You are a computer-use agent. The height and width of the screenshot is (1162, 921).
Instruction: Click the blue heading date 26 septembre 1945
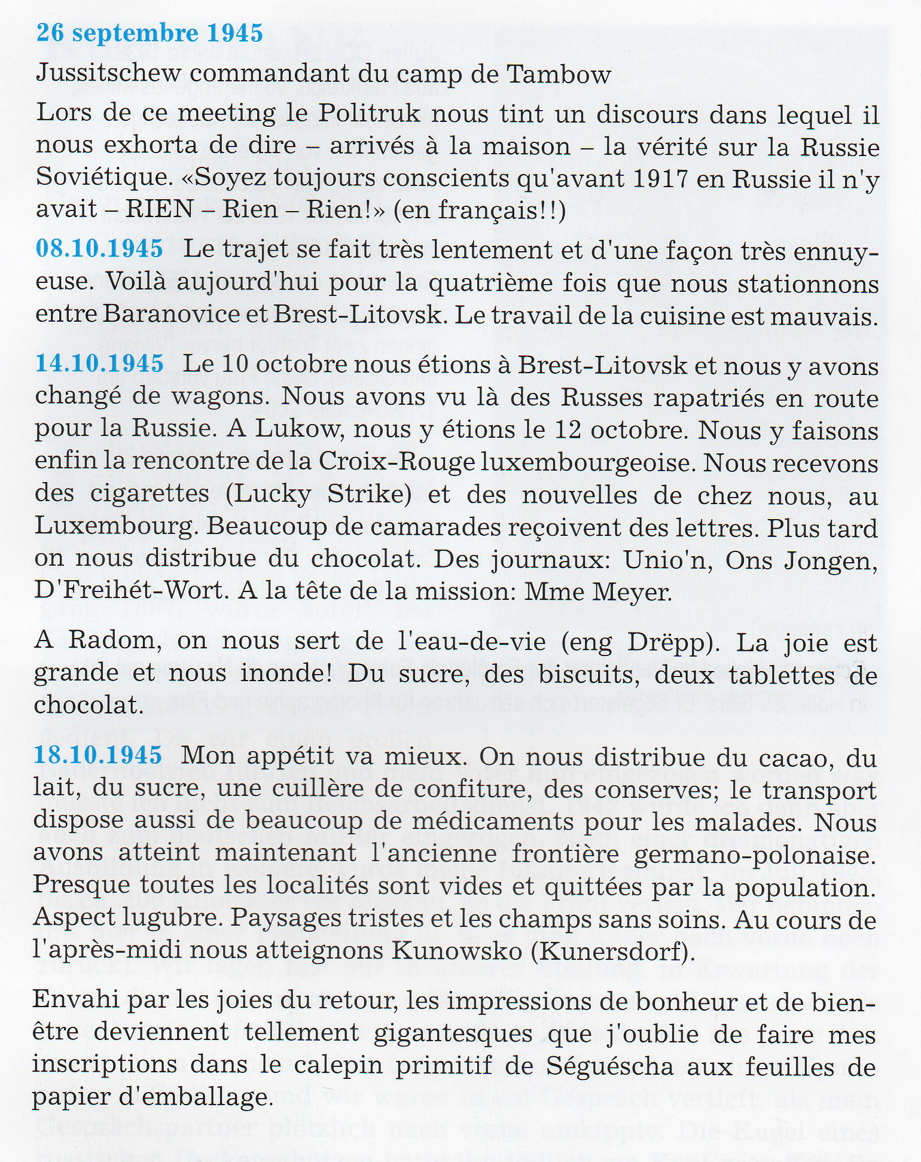pyautogui.click(x=150, y=33)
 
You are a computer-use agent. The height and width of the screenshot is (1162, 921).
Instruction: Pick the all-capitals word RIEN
pyautogui.click(x=159, y=209)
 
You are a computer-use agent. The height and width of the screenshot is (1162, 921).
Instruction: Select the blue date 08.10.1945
pyautogui.click(x=99, y=248)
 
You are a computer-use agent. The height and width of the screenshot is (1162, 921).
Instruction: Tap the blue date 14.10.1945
pyautogui.click(x=99, y=364)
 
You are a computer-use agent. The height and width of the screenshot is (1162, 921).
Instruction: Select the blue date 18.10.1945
pyautogui.click(x=98, y=755)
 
